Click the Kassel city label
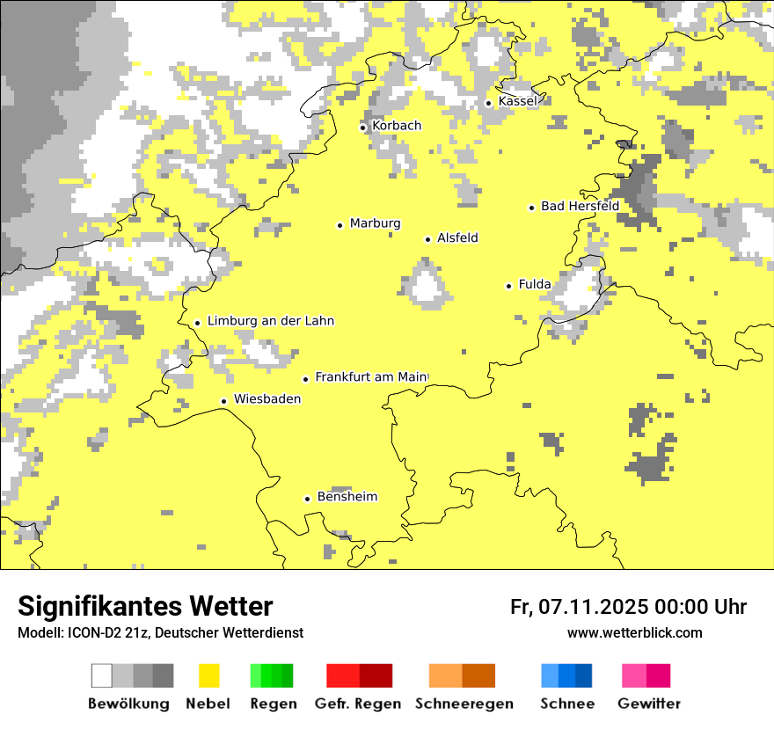(x=517, y=102)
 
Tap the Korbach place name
(x=397, y=126)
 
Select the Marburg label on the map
(x=375, y=223)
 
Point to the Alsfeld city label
(x=457, y=238)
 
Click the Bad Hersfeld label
(x=580, y=207)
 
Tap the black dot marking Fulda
(x=508, y=286)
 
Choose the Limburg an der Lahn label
(x=270, y=321)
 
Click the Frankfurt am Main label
(x=370, y=377)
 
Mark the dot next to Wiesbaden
(x=224, y=401)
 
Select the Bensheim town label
(x=347, y=497)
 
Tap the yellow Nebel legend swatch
(x=209, y=675)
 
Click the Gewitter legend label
(x=648, y=704)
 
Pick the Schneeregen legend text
(x=464, y=704)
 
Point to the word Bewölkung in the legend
(x=128, y=704)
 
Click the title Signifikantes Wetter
(x=145, y=607)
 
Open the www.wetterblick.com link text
(x=634, y=633)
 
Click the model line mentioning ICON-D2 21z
(x=160, y=633)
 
